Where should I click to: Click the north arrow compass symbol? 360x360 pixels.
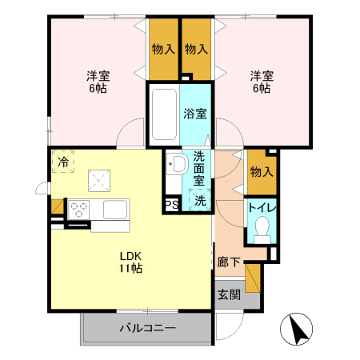pos(297,329)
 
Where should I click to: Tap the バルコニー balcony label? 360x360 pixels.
pos(148,327)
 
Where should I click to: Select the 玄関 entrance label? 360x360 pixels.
pos(228,294)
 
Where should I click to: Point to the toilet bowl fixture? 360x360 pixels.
pos(260,232)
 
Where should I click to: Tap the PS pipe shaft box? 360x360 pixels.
pos(171,204)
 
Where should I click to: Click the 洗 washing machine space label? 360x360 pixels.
pos(200,201)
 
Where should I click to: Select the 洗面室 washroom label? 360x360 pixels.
pos(199,170)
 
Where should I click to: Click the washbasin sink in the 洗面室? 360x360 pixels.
pos(177,166)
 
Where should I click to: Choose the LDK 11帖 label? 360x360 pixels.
pos(130,262)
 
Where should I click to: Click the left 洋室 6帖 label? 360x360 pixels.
pos(98,82)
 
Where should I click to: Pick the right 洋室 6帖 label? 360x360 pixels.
pos(262,82)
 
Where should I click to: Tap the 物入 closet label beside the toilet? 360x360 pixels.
pos(261,171)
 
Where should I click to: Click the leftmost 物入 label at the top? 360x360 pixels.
pos(163,49)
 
